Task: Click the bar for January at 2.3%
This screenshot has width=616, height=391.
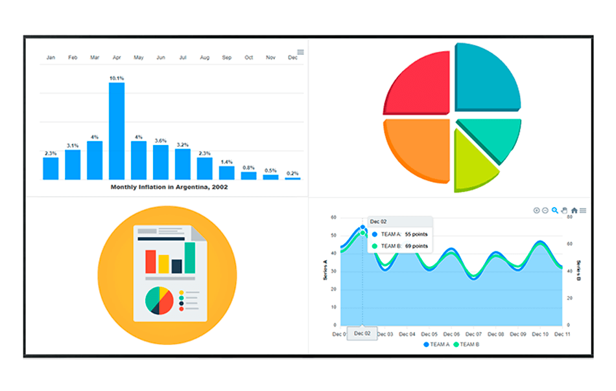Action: pos(51,168)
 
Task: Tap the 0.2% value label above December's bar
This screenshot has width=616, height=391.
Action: pos(292,173)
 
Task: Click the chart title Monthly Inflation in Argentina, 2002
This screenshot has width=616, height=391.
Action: pos(169,187)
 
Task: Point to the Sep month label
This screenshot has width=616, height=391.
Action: pos(227,58)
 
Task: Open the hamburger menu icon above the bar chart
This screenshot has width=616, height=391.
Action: pos(300,52)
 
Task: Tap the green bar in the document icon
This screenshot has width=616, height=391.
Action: pos(190,258)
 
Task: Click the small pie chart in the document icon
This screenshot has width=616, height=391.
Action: pos(159,300)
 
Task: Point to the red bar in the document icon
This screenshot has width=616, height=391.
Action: pos(150,262)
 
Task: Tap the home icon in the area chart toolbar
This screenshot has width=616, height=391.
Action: pos(574,210)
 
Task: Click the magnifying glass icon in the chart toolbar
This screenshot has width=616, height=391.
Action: pos(555,210)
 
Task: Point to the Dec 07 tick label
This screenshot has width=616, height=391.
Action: pos(474,334)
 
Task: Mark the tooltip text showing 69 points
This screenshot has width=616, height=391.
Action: pos(416,246)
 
